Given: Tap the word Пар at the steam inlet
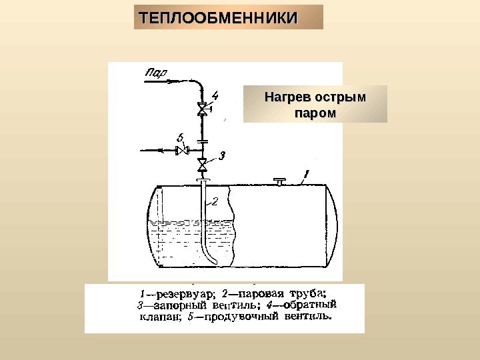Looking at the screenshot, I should click(156, 71).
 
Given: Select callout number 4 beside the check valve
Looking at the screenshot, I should click(215, 95).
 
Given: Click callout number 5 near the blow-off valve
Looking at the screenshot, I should click(181, 137).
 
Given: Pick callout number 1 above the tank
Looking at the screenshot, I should click(305, 175).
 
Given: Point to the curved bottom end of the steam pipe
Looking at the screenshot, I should click(211, 261).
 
